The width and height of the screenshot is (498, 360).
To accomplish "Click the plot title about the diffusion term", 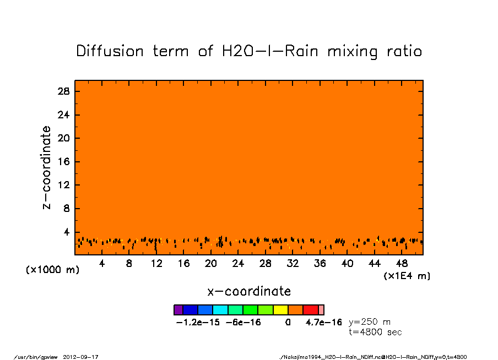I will pyautogui.click(x=249, y=52).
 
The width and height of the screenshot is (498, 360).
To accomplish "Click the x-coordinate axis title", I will pyautogui.click(x=249, y=291).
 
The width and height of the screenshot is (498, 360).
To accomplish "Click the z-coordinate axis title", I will pyautogui.click(x=47, y=167).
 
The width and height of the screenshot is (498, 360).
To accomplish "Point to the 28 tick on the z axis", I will pyautogui.click(x=64, y=91).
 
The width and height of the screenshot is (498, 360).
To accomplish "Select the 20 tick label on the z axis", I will pyautogui.click(x=64, y=138).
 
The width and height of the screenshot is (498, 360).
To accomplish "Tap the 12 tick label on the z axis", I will pyautogui.click(x=64, y=185).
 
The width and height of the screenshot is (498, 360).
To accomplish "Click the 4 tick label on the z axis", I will pyautogui.click(x=67, y=232).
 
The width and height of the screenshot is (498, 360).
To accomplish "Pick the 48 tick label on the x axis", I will pyautogui.click(x=402, y=264).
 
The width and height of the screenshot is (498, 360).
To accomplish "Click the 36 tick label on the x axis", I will pyautogui.click(x=320, y=264).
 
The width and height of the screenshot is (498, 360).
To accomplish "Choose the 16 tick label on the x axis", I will pyautogui.click(x=183, y=264).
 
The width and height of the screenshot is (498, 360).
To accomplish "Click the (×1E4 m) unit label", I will pyautogui.click(x=407, y=276).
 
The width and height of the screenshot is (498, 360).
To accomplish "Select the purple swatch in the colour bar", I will pyautogui.click(x=178, y=310).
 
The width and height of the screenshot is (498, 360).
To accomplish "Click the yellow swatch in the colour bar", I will pyautogui.click(x=280, y=310).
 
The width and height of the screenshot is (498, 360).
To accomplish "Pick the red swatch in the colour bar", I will pyautogui.click(x=311, y=310).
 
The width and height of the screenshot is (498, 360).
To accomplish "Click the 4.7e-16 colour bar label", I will pyautogui.click(x=324, y=322).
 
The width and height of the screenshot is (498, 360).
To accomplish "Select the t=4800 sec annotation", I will pyautogui.click(x=376, y=332).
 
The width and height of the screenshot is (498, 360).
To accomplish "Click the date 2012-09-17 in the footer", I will pyautogui.click(x=85, y=357).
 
